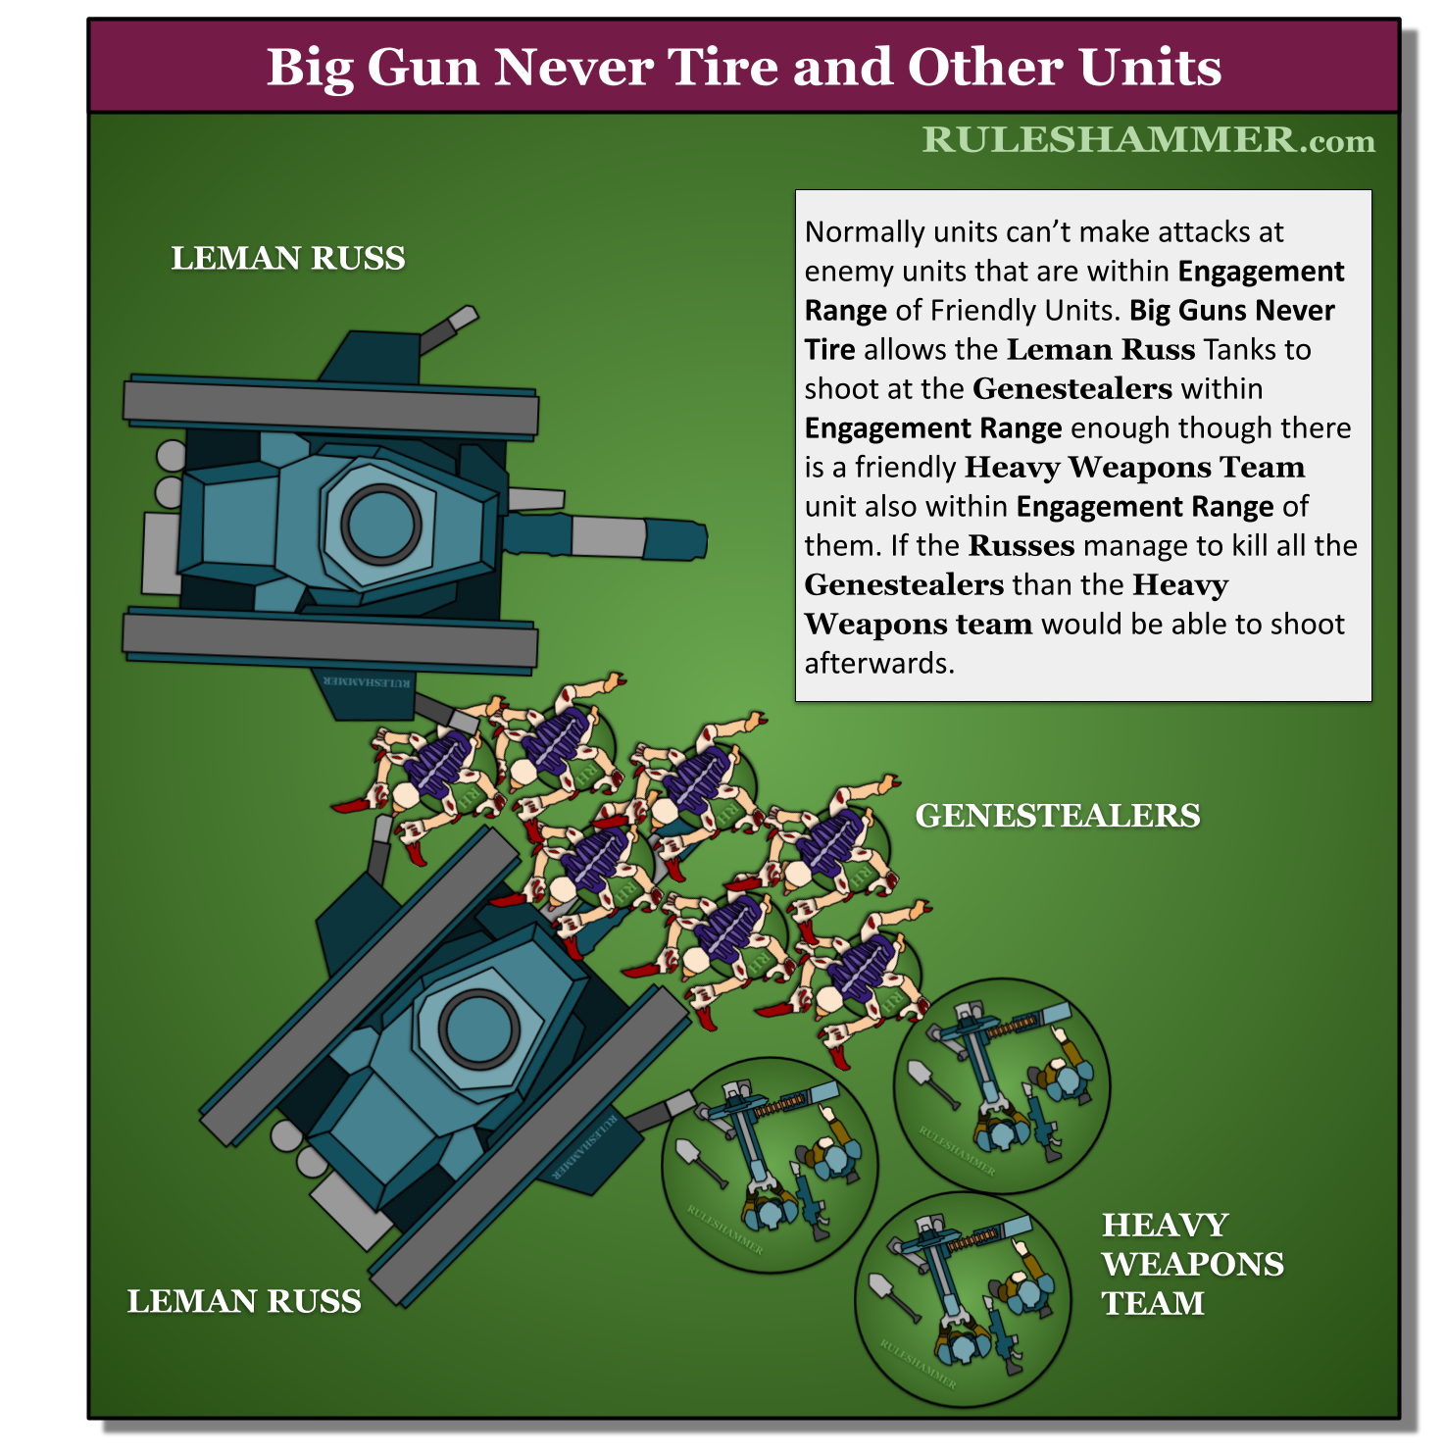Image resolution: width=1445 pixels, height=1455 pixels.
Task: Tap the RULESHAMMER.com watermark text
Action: [x=1148, y=140]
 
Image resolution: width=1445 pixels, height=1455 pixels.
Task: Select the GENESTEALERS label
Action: [x=1058, y=815]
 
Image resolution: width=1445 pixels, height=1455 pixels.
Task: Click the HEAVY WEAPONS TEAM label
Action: [x=1192, y=1264]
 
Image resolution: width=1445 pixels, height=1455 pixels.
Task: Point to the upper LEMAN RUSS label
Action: [x=288, y=258]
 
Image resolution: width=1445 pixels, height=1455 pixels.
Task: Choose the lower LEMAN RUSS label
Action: [x=244, y=1301]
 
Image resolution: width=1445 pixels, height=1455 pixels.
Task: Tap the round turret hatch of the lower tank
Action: [x=478, y=1029]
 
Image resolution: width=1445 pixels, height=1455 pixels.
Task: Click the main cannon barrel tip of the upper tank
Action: [x=697, y=540]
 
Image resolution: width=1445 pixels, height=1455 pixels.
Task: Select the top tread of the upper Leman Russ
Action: [x=330, y=407]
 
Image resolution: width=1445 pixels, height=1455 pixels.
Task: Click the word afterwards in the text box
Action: [x=879, y=664]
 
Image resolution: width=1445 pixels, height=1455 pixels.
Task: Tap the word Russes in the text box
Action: [x=1021, y=545]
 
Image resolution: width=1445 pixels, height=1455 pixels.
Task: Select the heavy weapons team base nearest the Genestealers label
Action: [x=1002, y=1086]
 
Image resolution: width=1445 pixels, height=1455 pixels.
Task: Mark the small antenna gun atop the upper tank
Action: [x=450, y=327]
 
